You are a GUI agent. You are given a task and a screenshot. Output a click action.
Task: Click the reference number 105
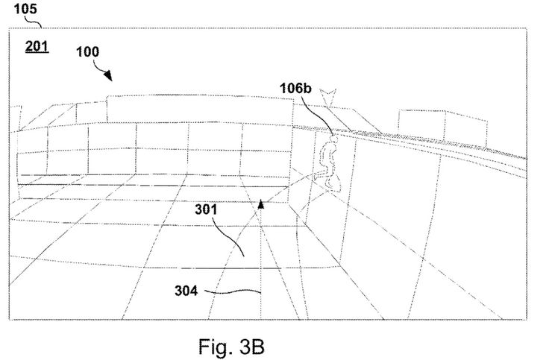pos(25,9)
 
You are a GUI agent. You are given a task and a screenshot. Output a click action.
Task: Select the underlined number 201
pos(37,47)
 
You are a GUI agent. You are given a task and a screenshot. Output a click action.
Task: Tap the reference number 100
pos(88,52)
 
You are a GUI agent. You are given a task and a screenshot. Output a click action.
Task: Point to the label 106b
pos(295,88)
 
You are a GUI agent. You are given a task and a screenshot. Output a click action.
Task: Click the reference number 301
pos(206,209)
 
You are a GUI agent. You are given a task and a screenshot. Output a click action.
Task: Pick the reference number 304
pos(186,291)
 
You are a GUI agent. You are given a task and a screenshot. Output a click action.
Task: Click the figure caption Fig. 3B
pos(231,347)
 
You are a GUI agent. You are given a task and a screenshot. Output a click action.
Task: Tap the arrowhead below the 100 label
pos(108,75)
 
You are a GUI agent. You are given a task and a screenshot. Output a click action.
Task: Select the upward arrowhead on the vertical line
pos(261,204)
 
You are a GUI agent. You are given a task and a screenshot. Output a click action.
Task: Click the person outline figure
pos(330,162)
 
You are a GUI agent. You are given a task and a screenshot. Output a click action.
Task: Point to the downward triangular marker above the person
pos(327,97)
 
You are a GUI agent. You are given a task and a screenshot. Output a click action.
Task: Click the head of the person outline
pos(333,139)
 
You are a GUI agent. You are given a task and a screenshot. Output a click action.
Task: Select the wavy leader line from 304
pos(232,291)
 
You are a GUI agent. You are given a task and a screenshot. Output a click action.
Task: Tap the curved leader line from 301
pos(228,236)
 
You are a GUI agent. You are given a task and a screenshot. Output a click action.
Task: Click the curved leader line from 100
pos(98,66)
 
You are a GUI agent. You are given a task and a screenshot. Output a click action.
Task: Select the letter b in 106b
pos(307,88)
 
